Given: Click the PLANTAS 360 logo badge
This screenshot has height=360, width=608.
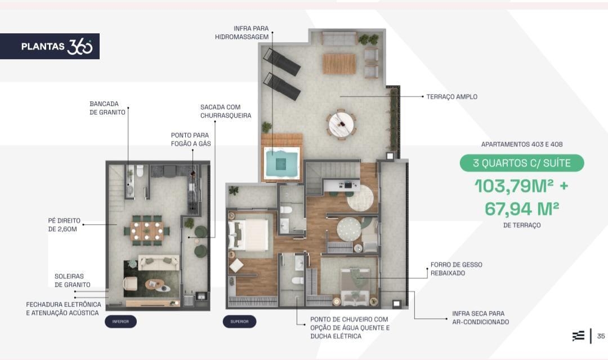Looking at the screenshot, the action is point(50,46).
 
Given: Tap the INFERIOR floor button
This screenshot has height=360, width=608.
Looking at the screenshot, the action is point(120,322).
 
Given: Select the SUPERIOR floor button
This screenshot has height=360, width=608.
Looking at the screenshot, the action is point(239,322).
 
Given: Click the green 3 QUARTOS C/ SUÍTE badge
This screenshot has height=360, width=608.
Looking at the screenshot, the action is point(521,163).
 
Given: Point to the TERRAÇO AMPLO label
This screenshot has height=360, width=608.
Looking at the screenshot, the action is point(451,96).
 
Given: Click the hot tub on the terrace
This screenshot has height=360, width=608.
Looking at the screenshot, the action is point(282,163).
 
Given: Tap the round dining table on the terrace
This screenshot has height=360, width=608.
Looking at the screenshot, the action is point(342,124).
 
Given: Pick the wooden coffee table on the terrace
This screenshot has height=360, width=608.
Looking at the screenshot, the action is point(339,64).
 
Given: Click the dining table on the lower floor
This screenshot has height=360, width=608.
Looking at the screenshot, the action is point(146,231).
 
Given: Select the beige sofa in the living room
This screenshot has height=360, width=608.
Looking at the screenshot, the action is point(159,263).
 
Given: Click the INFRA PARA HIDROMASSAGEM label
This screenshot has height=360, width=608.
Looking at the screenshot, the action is point(242,33).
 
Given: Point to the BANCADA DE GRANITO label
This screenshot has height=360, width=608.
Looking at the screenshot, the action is point(108,108).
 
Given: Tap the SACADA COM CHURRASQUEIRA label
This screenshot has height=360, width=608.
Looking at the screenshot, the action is point(226,112).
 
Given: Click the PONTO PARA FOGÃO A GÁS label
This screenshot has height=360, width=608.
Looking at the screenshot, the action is point(191,139).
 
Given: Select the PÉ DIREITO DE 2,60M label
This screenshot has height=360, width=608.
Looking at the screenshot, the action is point(64,225).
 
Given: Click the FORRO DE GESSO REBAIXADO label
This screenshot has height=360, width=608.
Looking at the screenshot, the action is point(457,269).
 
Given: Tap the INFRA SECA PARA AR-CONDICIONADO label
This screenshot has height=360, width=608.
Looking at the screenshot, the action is point(480,318).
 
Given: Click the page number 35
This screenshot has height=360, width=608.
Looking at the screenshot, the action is point(601,336).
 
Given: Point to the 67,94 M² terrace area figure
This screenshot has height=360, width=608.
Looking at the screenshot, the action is point(521,209).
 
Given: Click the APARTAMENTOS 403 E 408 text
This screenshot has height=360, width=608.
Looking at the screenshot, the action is point(521,144).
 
